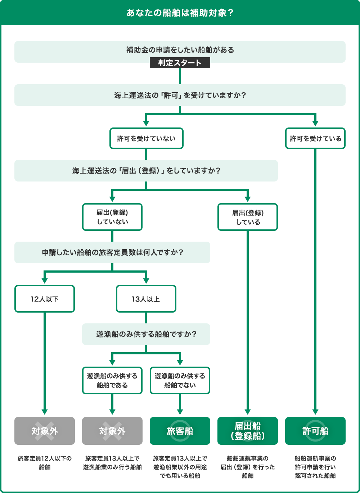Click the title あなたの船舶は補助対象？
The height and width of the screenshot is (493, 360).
click(180, 13)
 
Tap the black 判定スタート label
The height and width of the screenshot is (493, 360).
click(180, 63)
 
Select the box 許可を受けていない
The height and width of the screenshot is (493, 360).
click(146, 138)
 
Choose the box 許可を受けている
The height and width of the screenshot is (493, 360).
click(315, 138)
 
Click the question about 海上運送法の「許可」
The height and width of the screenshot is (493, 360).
click(180, 95)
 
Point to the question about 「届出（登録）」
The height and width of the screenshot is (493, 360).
click(146, 171)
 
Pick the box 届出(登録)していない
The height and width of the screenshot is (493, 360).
click(112, 217)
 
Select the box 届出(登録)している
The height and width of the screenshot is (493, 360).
click(248, 217)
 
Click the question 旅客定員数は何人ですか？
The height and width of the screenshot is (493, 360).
click(112, 252)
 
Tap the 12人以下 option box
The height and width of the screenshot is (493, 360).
click(45, 299)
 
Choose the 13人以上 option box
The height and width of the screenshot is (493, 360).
click(146, 299)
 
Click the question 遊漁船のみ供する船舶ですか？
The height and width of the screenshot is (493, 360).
click(146, 334)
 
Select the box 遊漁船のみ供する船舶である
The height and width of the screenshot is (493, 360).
click(112, 381)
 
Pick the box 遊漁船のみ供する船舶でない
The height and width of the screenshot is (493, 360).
click(180, 381)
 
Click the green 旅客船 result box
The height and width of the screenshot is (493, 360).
click(180, 431)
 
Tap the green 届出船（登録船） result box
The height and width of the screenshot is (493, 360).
click(248, 431)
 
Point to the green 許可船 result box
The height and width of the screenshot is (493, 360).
click(315, 431)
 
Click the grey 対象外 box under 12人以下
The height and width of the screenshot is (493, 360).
click(45, 431)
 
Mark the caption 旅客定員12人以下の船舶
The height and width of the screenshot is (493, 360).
click(45, 463)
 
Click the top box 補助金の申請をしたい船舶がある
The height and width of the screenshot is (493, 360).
click(180, 50)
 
